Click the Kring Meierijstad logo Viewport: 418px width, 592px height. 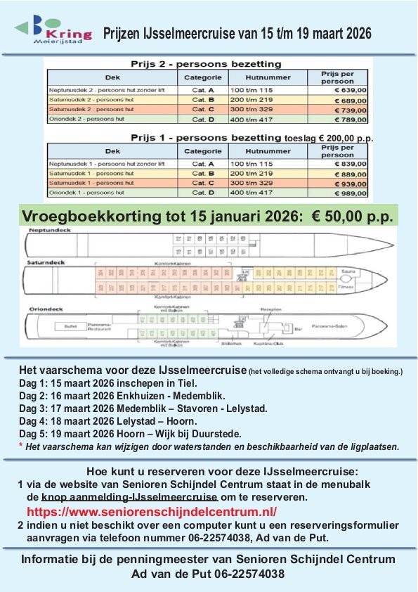click(52, 31)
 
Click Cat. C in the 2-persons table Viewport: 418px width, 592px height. click(203, 110)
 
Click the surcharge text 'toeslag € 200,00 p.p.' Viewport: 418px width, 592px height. click(329, 139)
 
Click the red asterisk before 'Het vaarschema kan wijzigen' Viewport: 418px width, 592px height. click(21, 445)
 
